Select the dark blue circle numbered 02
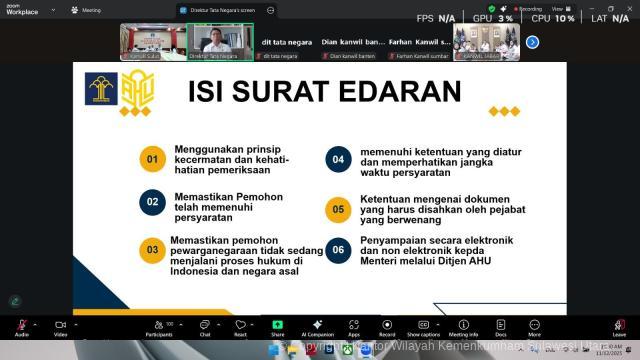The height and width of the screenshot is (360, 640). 152,201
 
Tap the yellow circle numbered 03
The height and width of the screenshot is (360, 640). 152,250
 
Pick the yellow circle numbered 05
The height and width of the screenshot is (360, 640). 338,209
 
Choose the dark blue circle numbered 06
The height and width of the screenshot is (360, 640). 338,250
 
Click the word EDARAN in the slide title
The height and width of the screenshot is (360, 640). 405,92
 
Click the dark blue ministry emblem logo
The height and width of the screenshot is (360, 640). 101,89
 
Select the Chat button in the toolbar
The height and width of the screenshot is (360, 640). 204,326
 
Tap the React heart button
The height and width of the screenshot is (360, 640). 240,326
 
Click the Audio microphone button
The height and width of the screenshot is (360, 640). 21,326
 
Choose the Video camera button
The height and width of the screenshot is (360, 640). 60,326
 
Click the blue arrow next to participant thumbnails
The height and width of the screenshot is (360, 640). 533,42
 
